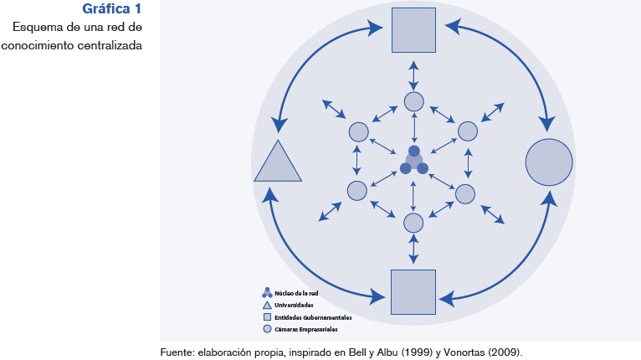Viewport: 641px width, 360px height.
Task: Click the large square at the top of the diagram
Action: (413, 29)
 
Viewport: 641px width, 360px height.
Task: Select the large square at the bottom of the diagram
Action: (413, 291)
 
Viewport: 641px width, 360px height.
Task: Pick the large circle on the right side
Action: (549, 162)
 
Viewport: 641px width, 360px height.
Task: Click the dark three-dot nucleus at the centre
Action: (414, 161)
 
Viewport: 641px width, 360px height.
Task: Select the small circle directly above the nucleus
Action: (414, 101)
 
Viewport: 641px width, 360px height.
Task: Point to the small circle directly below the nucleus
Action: (413, 222)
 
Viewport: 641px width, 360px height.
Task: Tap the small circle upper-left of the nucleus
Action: (358, 131)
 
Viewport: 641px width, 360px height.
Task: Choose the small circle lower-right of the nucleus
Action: (465, 193)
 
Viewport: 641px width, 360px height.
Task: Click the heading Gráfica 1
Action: (111, 10)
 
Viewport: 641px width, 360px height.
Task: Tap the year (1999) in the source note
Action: (416, 352)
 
